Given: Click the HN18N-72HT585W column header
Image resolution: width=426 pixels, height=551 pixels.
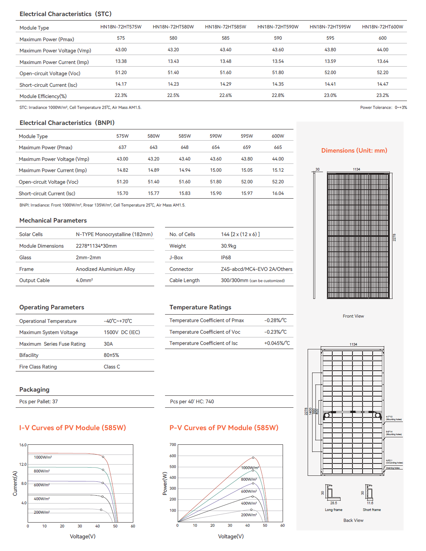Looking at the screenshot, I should coord(226,27).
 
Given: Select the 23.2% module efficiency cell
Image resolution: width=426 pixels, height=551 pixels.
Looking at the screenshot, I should coord(382,95).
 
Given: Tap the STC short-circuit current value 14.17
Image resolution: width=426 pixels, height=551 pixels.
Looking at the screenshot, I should coord(121,84).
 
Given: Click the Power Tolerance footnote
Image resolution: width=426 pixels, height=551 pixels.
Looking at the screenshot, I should coord(383,108).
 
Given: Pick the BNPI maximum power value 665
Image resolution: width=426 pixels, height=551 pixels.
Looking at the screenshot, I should coord(278,147).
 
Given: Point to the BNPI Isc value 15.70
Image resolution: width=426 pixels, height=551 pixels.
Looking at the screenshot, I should coord(122,193).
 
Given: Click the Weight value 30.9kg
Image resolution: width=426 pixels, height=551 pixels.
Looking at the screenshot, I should coord(228,246).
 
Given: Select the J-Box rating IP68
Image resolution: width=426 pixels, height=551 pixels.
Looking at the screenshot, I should coord(226,258).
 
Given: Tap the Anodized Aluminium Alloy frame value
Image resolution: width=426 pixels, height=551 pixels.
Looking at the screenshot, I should coord(105,269).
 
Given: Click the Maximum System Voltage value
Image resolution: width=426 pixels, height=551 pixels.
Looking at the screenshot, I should coord(122,333).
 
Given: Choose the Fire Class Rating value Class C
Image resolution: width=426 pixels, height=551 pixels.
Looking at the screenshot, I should coord(112,367).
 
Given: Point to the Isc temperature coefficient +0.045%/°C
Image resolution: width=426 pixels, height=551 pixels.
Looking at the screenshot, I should coord(277,343).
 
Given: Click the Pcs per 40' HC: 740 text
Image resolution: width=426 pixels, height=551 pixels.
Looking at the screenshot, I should coord(192,402).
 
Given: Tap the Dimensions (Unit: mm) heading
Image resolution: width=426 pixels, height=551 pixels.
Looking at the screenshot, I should coord(354,151).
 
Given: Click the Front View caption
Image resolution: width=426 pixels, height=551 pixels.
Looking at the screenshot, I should coord(353,316).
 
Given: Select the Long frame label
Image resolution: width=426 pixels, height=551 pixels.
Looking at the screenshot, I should coord(333,510).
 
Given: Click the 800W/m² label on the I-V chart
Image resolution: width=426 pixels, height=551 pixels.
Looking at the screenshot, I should coord(42,471).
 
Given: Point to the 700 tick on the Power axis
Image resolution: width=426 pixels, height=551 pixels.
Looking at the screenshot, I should coord(173,445).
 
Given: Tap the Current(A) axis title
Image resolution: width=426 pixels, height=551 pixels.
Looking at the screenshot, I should coord(15,484).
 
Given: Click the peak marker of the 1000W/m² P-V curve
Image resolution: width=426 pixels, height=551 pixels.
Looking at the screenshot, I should coord(253,457).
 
